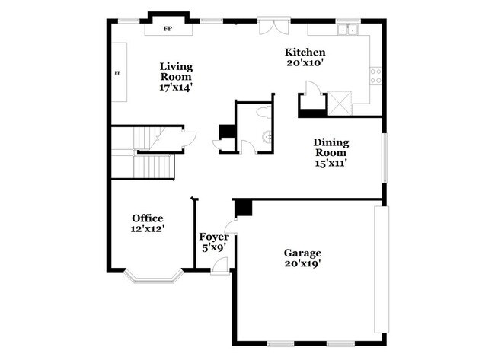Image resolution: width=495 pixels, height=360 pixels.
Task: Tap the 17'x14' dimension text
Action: [x=175, y=88]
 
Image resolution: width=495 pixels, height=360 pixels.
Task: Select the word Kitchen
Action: [x=305, y=52]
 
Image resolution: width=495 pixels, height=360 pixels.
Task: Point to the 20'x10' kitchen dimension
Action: [x=305, y=63]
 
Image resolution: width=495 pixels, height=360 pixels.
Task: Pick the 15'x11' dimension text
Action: [x=331, y=162]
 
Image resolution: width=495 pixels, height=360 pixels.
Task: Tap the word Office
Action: [x=147, y=218]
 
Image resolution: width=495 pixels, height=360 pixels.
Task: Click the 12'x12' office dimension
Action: [x=147, y=228]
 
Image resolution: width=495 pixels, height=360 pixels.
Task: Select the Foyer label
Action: [x=213, y=237]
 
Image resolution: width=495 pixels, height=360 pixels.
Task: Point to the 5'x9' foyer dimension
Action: [x=213, y=247]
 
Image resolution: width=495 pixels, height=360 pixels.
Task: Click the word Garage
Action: [x=302, y=253]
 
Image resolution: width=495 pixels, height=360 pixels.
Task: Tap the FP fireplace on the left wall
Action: [x=118, y=72]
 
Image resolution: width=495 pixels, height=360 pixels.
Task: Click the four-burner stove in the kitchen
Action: [x=375, y=75]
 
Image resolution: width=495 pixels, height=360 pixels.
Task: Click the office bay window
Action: [x=155, y=275]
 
